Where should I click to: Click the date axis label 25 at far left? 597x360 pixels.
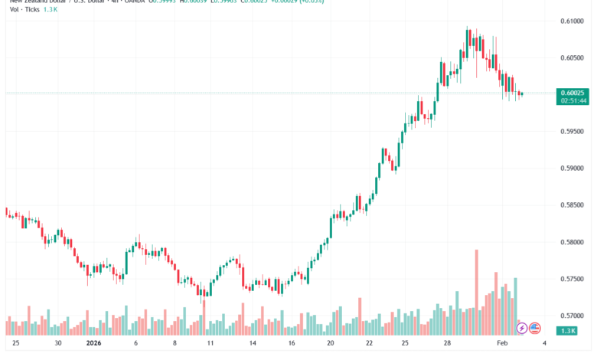click(x=15, y=345)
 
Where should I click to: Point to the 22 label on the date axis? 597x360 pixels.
click(x=369, y=345)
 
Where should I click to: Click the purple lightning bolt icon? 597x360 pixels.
click(x=522, y=328)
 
